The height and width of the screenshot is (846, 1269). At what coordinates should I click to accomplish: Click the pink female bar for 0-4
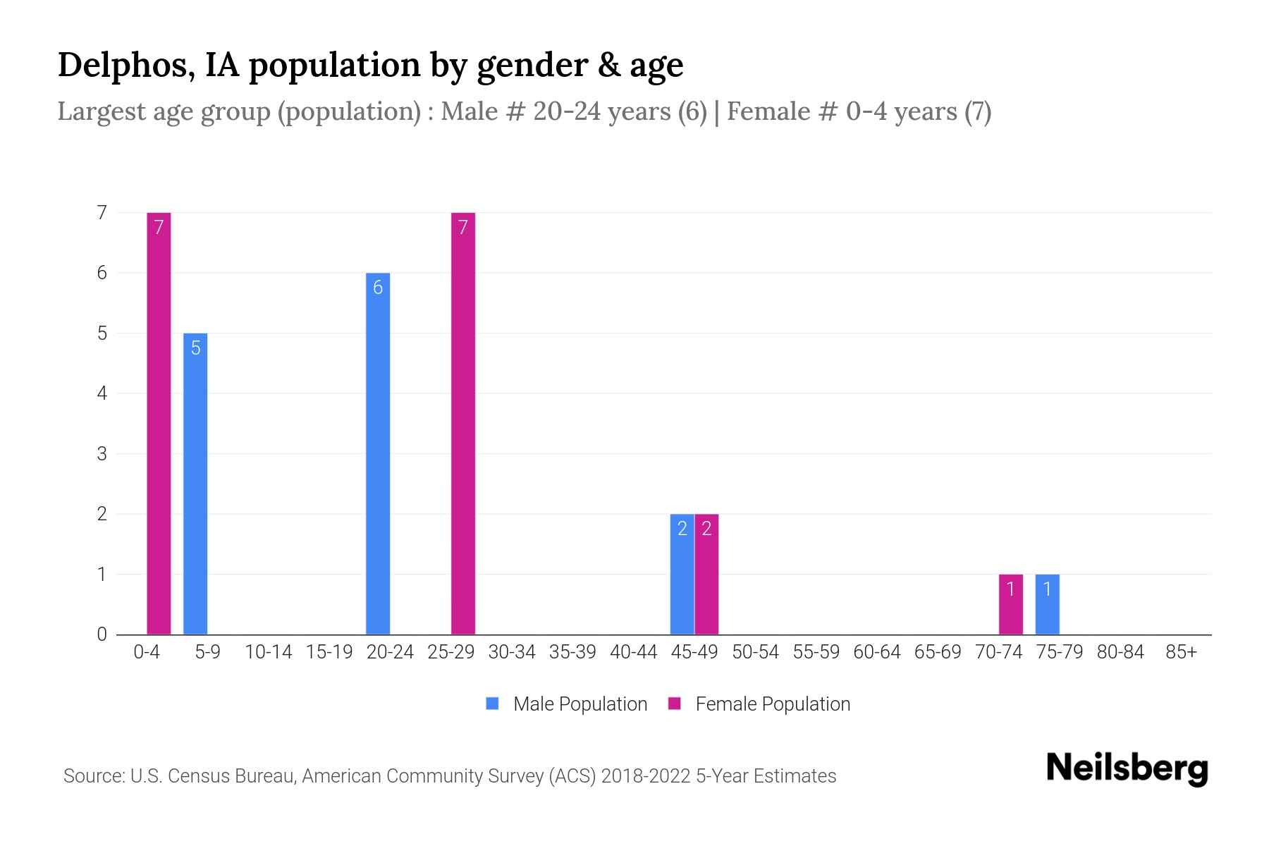(159, 423)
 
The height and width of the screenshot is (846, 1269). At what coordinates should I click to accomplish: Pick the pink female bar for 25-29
(463, 423)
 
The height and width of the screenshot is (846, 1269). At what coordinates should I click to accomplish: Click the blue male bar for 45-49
(682, 574)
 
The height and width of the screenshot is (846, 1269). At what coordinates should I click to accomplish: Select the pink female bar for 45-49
(706, 574)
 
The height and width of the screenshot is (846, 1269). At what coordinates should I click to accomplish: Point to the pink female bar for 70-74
(1010, 604)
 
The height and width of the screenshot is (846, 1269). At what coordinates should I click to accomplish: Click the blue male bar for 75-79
(1047, 604)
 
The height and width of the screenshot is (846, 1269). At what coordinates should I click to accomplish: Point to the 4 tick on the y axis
(102, 393)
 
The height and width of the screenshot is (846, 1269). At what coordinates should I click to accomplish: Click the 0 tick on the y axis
(102, 634)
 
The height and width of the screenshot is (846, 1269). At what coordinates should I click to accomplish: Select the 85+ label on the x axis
(1181, 652)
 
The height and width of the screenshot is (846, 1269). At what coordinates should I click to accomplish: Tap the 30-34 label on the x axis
(512, 652)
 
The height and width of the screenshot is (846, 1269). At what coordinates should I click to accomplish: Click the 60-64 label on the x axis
(876, 652)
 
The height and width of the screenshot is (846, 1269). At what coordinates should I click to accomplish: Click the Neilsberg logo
(1127, 768)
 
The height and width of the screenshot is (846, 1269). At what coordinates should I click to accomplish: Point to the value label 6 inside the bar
(378, 288)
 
